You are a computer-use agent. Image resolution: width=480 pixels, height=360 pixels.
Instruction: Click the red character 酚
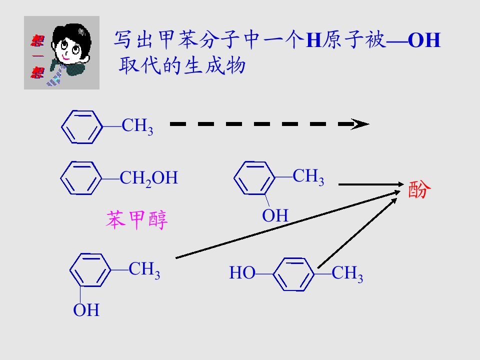tap(419, 189)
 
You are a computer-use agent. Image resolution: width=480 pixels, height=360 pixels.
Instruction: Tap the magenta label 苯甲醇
tap(137, 220)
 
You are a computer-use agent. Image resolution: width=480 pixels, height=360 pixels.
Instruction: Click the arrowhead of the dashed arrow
tap(360, 124)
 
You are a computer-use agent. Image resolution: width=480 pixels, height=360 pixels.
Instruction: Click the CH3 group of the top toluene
tap(137, 126)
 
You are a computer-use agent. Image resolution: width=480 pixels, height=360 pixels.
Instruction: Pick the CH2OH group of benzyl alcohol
tap(149, 178)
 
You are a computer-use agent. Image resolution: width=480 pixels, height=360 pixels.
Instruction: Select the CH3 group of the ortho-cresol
tap(308, 177)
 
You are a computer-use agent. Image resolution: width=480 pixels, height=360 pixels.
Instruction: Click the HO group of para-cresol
tap(242, 273)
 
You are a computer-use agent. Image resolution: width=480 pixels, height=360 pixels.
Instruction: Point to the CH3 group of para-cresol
tap(347, 273)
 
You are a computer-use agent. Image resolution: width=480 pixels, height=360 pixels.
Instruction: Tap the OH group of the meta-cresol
tap(86, 310)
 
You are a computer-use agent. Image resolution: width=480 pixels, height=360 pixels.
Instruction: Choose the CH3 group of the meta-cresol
tap(144, 270)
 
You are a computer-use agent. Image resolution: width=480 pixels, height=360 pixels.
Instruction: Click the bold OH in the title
tap(424, 40)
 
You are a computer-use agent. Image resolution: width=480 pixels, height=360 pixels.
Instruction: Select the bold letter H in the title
tap(314, 40)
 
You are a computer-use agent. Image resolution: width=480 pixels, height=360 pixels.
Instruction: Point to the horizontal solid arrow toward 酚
tap(371, 184)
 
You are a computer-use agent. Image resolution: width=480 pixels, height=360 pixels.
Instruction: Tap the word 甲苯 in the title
tap(178, 40)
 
